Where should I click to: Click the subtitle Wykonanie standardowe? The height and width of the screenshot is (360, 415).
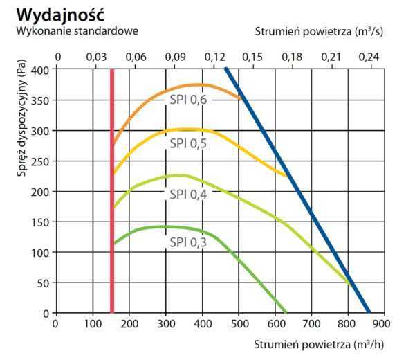(77, 30)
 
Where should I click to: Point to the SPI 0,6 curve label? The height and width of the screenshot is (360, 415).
(189, 99)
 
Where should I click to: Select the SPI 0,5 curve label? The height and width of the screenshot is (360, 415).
(189, 144)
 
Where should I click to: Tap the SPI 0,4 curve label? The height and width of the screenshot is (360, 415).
(189, 194)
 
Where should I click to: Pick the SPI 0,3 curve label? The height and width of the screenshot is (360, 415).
(189, 243)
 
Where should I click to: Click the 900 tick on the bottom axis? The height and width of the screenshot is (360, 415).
(386, 323)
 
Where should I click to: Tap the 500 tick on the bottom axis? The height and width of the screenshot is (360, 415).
(239, 323)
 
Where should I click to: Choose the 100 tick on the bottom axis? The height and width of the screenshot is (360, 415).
(93, 323)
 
